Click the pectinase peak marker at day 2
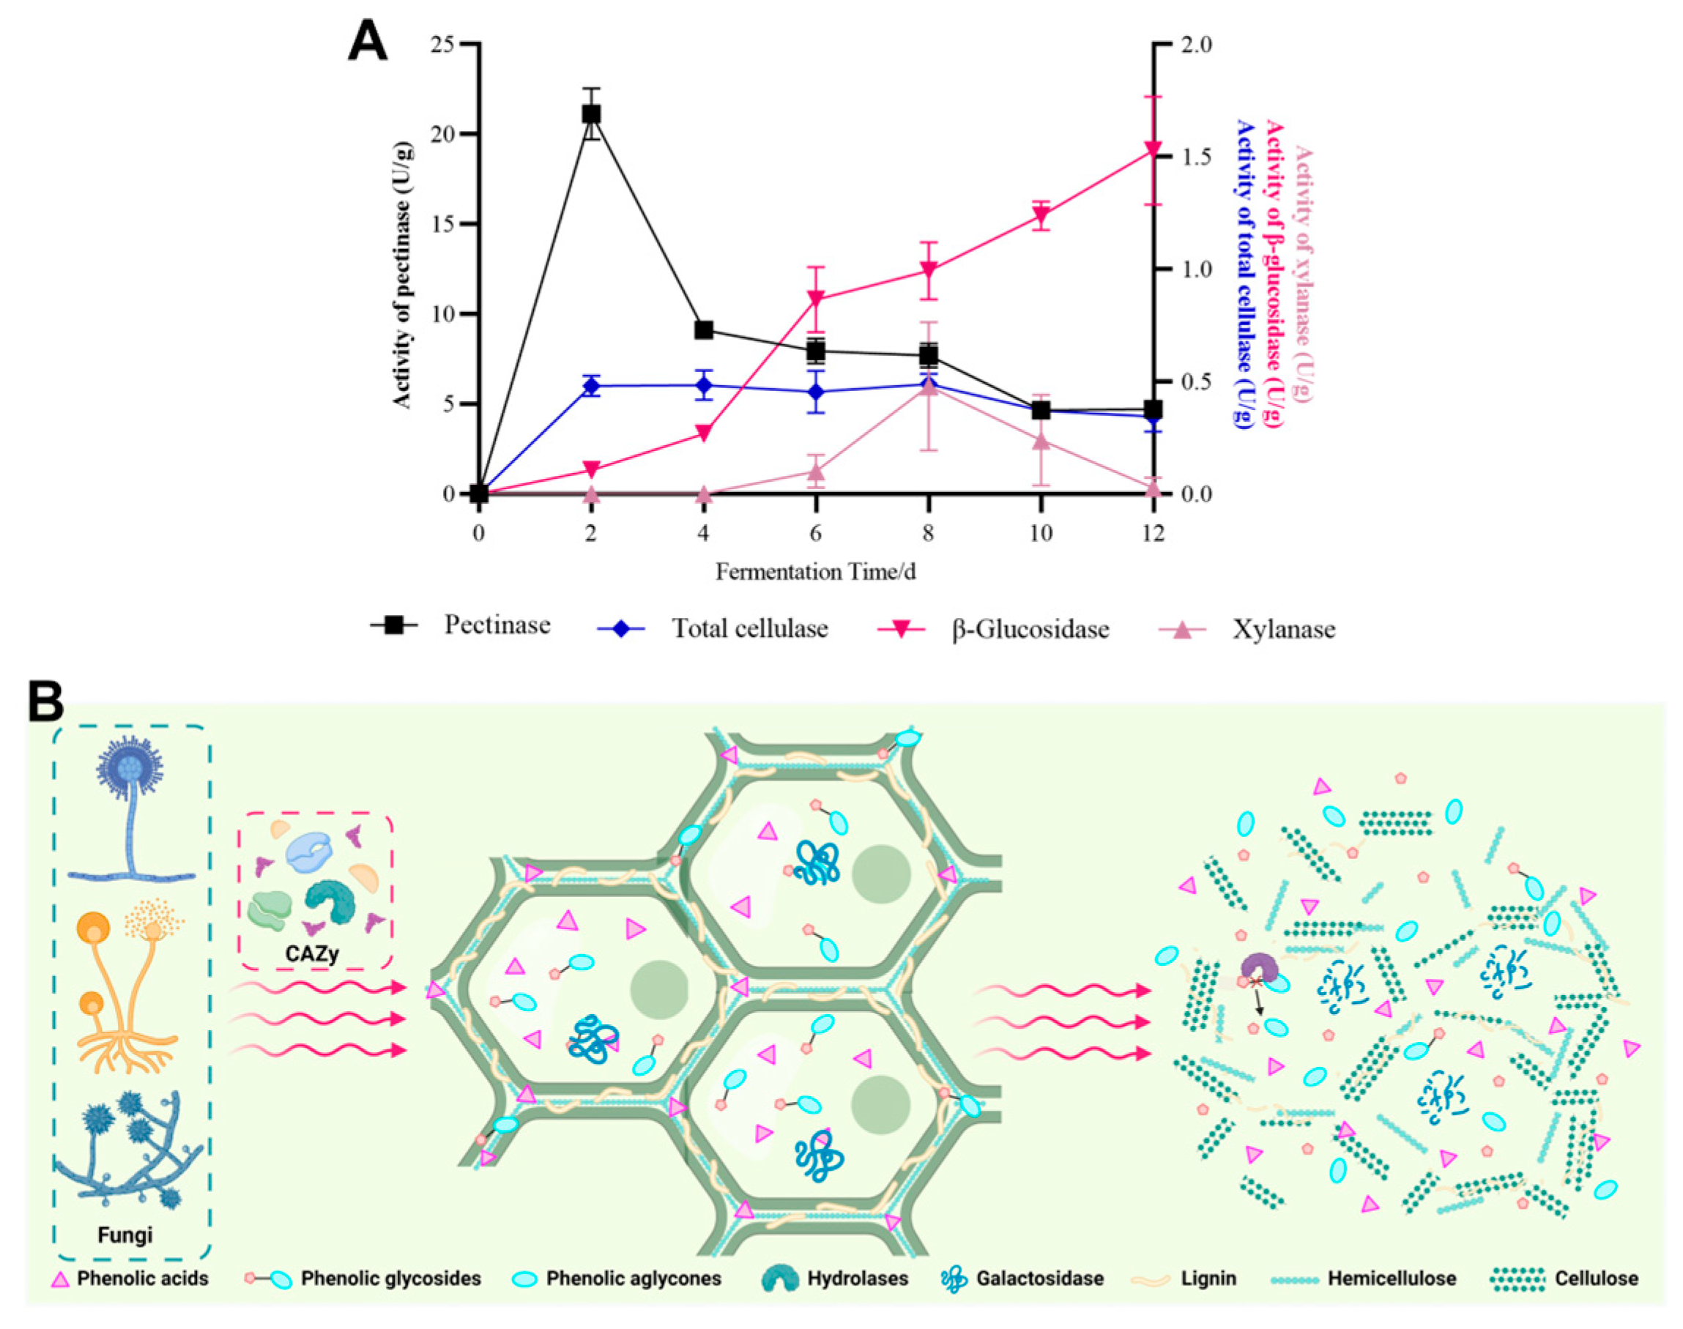[x=591, y=113]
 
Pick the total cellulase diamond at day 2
[x=591, y=386]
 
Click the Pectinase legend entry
[x=497, y=625]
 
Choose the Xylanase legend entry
[x=1283, y=629]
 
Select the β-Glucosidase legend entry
[x=1030, y=629]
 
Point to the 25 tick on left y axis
[x=442, y=45]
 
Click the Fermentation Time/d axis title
[x=815, y=572]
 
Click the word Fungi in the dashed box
[x=125, y=1234]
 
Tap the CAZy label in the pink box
[x=312, y=953]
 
